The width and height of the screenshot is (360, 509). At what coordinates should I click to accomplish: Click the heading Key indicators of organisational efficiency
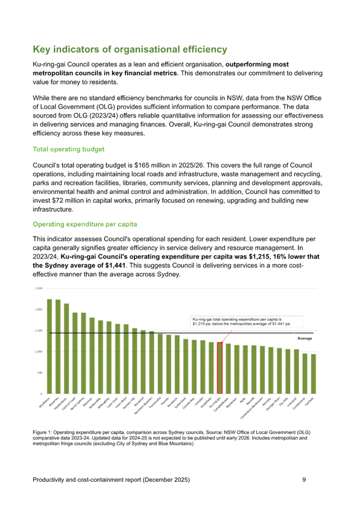pyautogui.click(x=130, y=50)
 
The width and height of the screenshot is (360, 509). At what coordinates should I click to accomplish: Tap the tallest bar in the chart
pyautogui.click(x=49, y=346)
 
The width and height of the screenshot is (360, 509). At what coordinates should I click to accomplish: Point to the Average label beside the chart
pyautogui.click(x=304, y=338)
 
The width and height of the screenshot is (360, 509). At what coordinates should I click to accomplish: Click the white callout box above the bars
pyautogui.click(x=247, y=321)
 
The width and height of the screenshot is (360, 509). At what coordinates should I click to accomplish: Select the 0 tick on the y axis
pyautogui.click(x=41, y=393)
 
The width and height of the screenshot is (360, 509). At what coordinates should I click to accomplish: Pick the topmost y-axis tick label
pyautogui.click(x=39, y=288)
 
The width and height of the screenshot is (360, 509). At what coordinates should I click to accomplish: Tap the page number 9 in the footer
pyautogui.click(x=304, y=480)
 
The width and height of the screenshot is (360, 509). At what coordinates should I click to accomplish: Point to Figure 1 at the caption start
pyautogui.click(x=41, y=432)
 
